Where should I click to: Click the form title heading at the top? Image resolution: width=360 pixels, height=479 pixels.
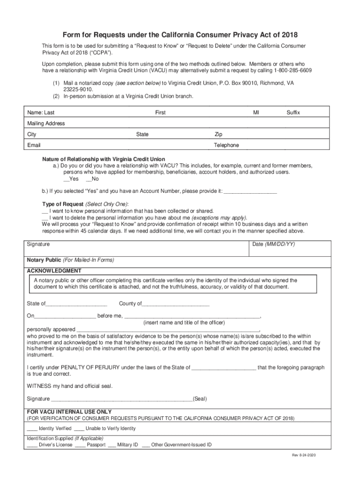tap(180, 35)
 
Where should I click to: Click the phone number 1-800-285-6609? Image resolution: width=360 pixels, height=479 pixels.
tap(290, 70)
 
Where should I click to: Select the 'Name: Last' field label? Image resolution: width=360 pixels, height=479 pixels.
tap(41, 113)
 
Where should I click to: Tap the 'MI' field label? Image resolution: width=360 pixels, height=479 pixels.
tap(256, 113)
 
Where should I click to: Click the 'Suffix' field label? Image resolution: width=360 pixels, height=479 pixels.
tap(293, 113)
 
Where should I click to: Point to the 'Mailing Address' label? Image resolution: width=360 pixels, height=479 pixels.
tap(46, 123)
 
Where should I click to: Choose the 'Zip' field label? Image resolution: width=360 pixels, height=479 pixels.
tap(218, 134)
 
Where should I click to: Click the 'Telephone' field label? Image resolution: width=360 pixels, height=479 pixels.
tap(226, 145)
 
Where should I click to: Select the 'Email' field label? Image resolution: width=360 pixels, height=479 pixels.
tap(34, 145)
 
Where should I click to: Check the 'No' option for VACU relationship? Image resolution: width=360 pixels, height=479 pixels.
tap(89, 179)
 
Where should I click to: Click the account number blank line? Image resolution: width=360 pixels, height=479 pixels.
tap(251, 191)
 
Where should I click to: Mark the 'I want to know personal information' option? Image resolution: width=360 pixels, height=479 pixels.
tap(45, 211)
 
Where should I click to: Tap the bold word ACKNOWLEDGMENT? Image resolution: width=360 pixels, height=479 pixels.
tap(54, 271)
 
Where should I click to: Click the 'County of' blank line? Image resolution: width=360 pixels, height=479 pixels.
tap(175, 304)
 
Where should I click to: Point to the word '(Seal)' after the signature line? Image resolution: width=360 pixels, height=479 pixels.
tap(200, 399)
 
